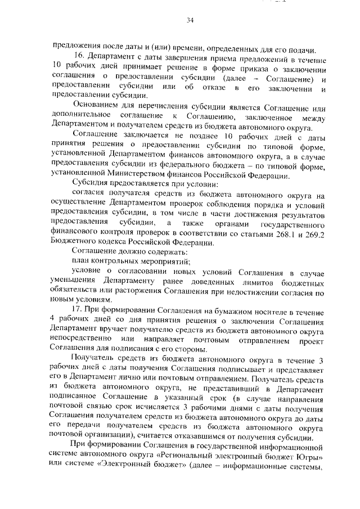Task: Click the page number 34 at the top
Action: point(190,21)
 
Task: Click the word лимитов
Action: point(259,280)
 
